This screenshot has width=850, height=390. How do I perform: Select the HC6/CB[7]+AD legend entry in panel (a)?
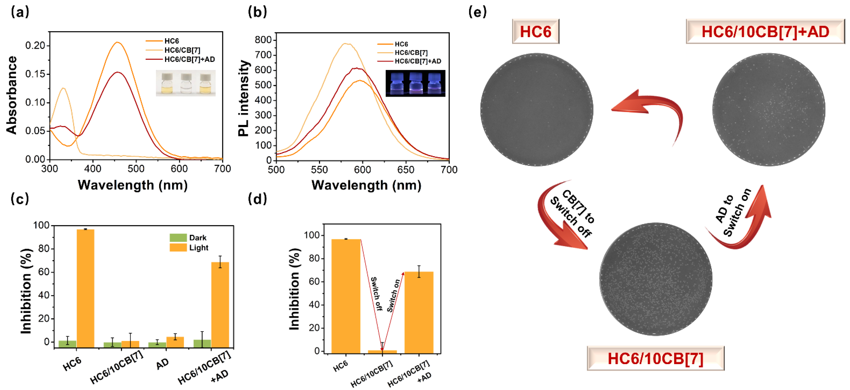point(189,59)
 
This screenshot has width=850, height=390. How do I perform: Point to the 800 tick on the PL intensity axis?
point(263,40)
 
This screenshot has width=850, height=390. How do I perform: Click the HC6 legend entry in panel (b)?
point(401,44)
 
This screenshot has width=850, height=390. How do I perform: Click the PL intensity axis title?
point(244,98)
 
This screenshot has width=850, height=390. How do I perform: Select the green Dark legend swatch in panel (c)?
point(178,238)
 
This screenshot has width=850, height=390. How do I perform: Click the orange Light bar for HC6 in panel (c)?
point(85,288)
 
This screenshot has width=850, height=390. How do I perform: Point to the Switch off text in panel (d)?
point(376,294)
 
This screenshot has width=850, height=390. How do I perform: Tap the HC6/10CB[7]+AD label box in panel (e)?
point(765,32)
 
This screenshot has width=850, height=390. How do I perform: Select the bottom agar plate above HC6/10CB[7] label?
point(655,279)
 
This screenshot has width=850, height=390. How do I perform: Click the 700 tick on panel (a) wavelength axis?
point(222,169)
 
